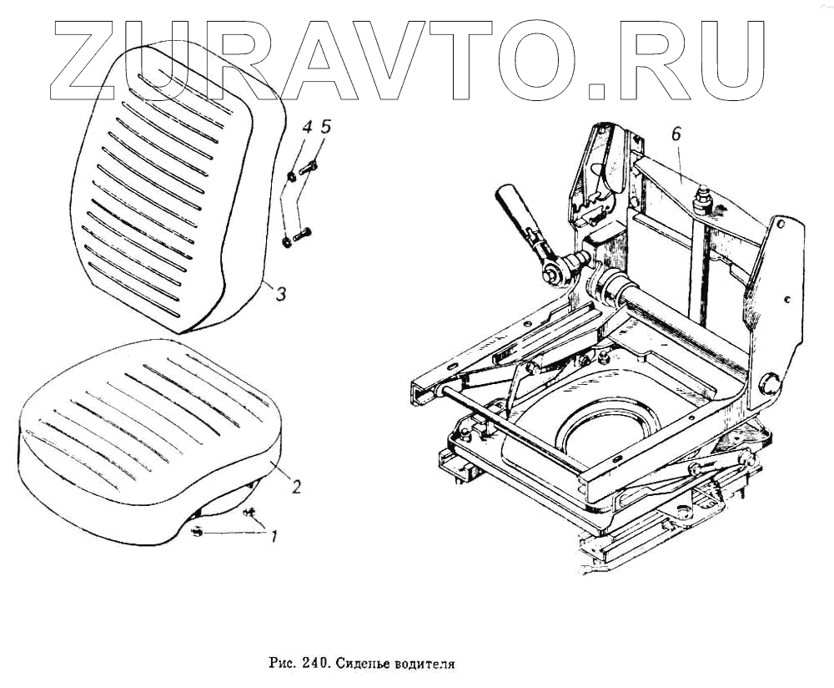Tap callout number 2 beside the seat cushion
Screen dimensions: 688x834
295,487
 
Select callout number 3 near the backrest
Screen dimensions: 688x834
281,294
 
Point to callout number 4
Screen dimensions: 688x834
307,128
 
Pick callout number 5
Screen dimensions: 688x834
326,127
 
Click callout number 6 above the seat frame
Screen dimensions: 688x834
676,134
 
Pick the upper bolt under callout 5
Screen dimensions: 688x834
307,168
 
